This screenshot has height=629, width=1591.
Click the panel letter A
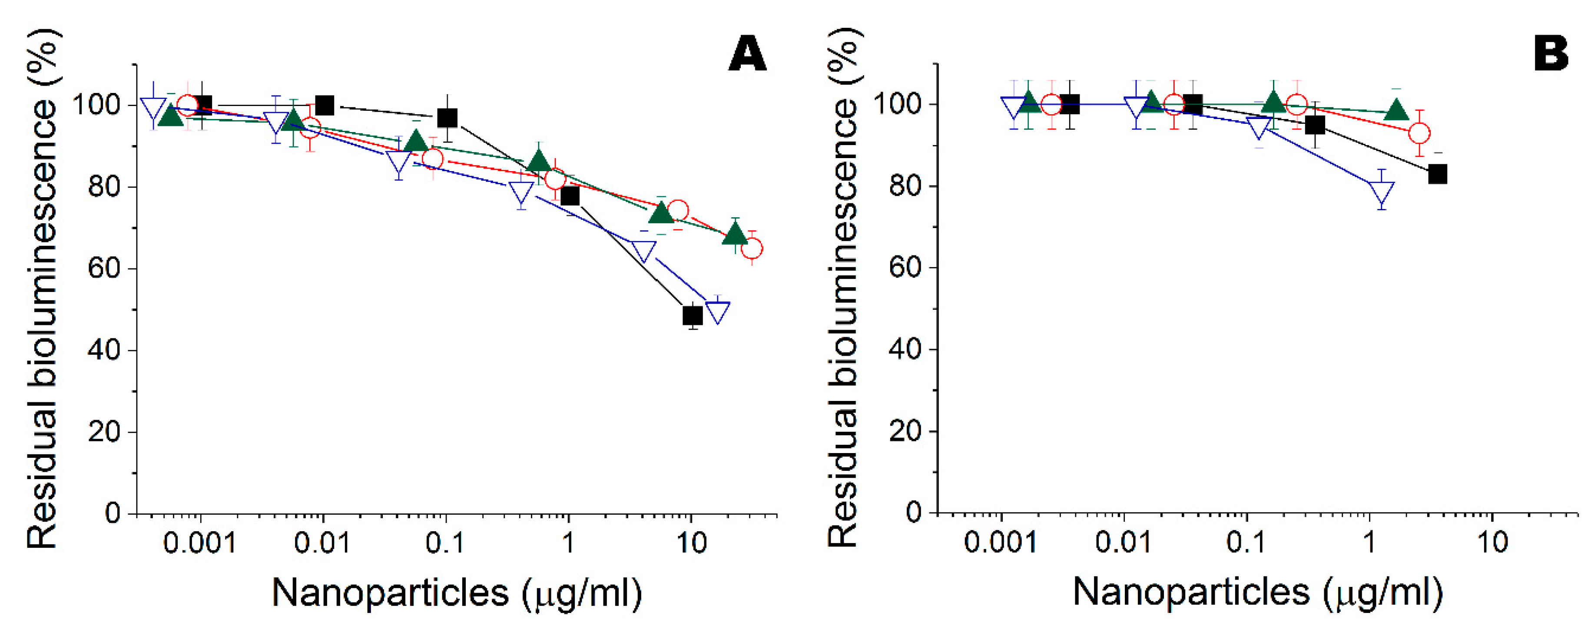[x=747, y=54]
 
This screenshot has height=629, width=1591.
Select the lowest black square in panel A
[x=693, y=315]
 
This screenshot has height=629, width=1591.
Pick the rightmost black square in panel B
[x=1438, y=175]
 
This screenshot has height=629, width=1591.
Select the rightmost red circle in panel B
[x=1419, y=133]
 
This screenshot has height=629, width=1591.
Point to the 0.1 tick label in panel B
[x=1246, y=542]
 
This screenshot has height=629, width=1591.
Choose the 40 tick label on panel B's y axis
[x=905, y=349]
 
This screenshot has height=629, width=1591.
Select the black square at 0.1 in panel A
[x=447, y=118]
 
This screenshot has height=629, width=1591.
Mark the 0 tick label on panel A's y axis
[x=113, y=513]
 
